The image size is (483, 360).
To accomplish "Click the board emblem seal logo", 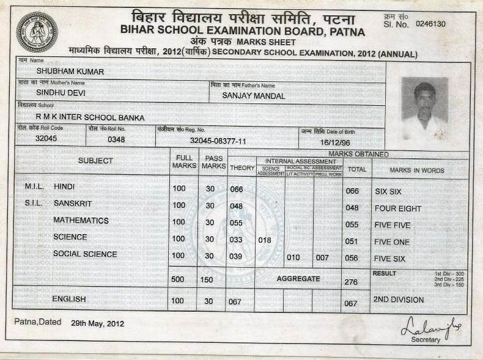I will click(37, 32).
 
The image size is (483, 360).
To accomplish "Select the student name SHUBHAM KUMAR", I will click(62, 72).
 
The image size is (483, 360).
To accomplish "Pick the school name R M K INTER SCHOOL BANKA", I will click(90, 116).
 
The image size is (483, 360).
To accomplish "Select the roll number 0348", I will click(116, 139).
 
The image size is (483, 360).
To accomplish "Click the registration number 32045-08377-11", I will click(218, 141).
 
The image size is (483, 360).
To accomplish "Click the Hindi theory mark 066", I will click(237, 189).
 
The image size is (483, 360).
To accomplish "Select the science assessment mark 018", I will click(265, 240).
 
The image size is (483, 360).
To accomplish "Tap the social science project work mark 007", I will click(322, 257).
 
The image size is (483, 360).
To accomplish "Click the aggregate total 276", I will click(351, 282).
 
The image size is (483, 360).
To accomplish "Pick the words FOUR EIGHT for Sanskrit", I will click(398, 208).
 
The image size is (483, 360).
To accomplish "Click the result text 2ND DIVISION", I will click(399, 299).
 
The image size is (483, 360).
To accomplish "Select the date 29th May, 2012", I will click(97, 323).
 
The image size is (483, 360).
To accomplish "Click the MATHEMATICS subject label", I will click(81, 220).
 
